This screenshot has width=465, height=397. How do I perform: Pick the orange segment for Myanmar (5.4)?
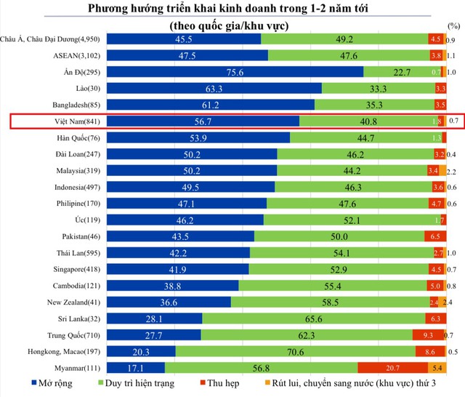437,367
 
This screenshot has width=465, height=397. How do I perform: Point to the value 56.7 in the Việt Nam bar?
193,121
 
